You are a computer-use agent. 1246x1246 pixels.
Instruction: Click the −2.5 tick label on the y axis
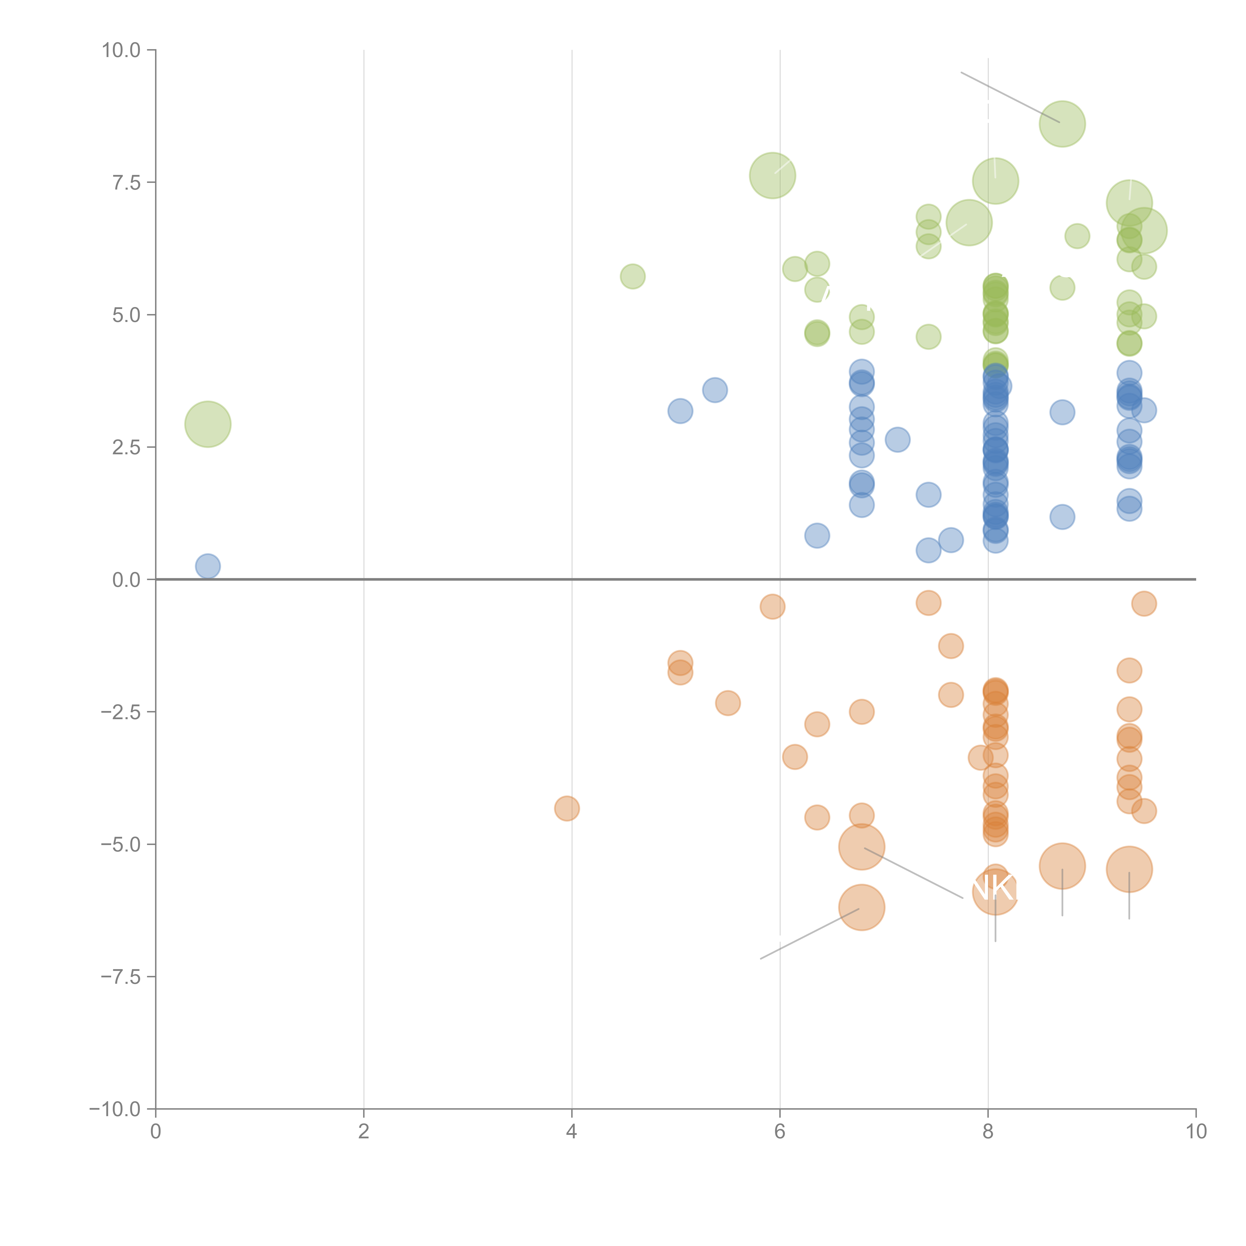click(x=121, y=712)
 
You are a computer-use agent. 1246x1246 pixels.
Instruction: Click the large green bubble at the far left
click(x=208, y=424)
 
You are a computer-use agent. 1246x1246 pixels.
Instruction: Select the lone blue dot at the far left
click(x=208, y=566)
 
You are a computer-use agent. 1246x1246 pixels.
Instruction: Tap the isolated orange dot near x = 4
click(x=567, y=808)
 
